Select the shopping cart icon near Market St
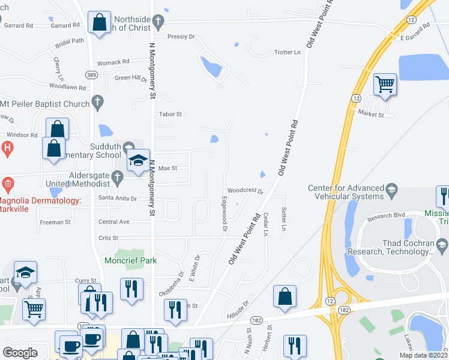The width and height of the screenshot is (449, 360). [385, 84]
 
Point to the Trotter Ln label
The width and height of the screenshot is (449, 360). [287, 52]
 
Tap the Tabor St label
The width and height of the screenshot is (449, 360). [170, 113]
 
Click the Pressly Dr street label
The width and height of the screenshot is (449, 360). [181, 37]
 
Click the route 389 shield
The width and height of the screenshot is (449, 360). [91, 74]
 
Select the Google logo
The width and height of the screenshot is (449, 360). [20, 353]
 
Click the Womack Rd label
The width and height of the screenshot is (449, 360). [113, 62]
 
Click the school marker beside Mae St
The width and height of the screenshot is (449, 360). [138, 161]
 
